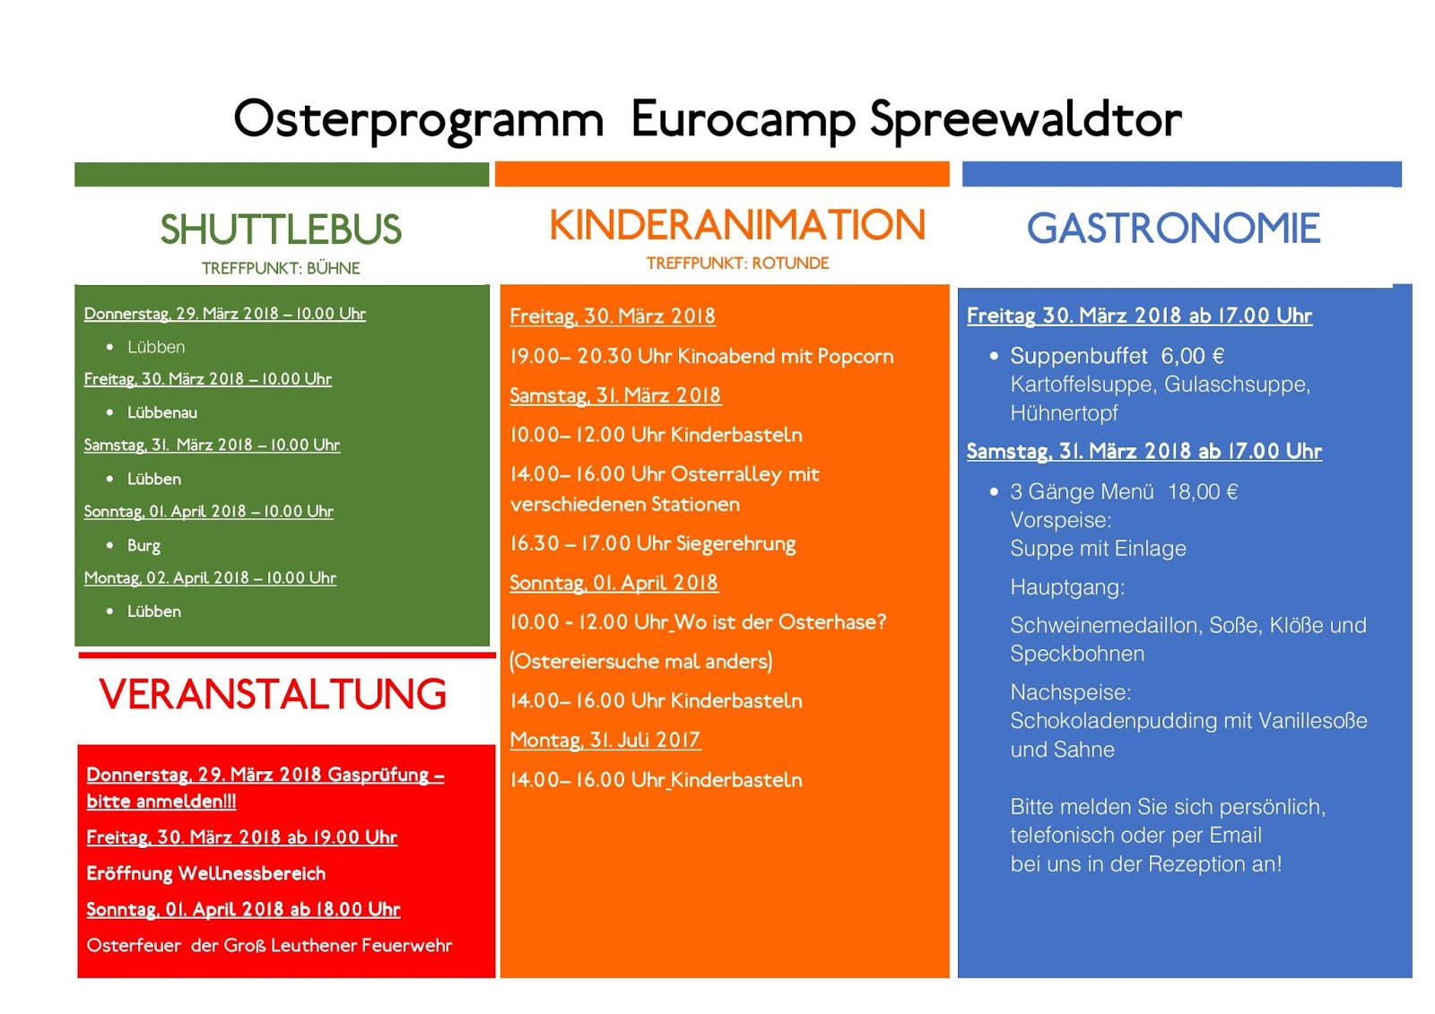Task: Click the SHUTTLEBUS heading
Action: [x=281, y=230]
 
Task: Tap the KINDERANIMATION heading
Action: [x=737, y=225]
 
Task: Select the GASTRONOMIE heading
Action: [x=1174, y=228]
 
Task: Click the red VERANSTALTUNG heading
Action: [x=273, y=694]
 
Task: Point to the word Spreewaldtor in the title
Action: [x=1026, y=120]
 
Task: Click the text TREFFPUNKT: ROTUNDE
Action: [x=737, y=264]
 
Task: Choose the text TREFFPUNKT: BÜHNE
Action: [x=281, y=268]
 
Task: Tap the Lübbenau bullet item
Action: [x=162, y=412]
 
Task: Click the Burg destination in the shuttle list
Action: [x=143, y=546]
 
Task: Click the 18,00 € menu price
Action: [x=1203, y=492]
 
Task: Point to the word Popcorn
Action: [x=856, y=357]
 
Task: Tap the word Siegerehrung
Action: [x=736, y=544]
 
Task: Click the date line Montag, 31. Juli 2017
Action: [x=605, y=741]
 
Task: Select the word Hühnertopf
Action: [x=1064, y=414]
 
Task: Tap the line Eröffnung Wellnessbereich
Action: [x=206, y=874]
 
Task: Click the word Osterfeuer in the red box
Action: [x=134, y=946]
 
